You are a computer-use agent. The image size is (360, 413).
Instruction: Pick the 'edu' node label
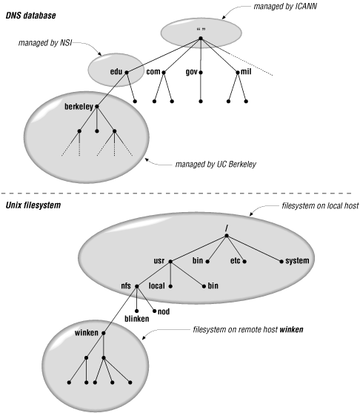pos(115,71)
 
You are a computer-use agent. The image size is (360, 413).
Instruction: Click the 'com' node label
pos(153,71)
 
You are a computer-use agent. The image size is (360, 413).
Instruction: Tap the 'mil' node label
pos(247,71)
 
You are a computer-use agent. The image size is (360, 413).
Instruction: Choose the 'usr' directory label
pos(159,261)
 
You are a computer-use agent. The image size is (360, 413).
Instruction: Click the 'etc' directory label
pos(236,261)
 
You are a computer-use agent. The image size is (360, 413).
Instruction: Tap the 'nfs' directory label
pos(125,285)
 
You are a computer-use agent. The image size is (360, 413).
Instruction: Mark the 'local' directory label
pos(159,285)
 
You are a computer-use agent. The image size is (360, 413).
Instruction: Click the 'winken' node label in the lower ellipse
pos(87,333)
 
